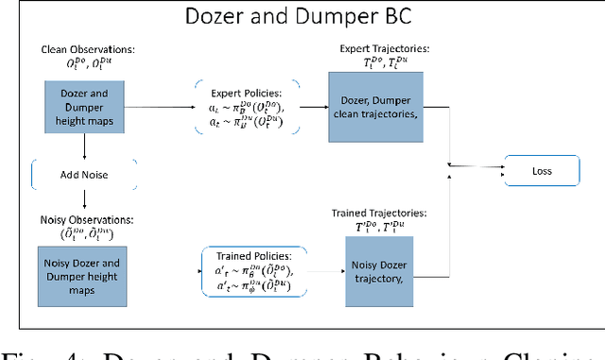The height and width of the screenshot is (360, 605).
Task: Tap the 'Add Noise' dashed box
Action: (x=84, y=172)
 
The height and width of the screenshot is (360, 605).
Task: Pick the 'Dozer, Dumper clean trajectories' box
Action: (x=371, y=107)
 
